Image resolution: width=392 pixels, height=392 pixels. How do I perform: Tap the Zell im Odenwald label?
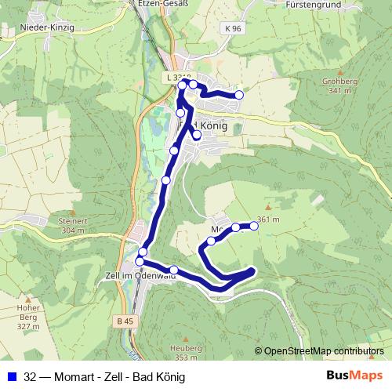coord(138,275)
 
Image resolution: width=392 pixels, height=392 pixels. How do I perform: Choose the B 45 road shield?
coord(123,321)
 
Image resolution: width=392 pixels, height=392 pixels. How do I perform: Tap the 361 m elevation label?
coord(268,219)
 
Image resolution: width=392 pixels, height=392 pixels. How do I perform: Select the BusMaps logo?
coord(354,376)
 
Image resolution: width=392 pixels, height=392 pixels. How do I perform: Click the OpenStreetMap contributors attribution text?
coord(324,351)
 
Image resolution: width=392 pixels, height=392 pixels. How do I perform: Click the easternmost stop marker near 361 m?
coord(253,226)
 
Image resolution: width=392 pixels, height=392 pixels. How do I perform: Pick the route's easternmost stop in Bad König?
coord(239,95)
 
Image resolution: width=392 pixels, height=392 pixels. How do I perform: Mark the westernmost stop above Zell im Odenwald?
coord(140,261)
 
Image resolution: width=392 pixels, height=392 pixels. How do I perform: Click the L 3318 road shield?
coord(179,78)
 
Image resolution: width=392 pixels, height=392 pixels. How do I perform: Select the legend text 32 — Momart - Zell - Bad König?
coord(105,377)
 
